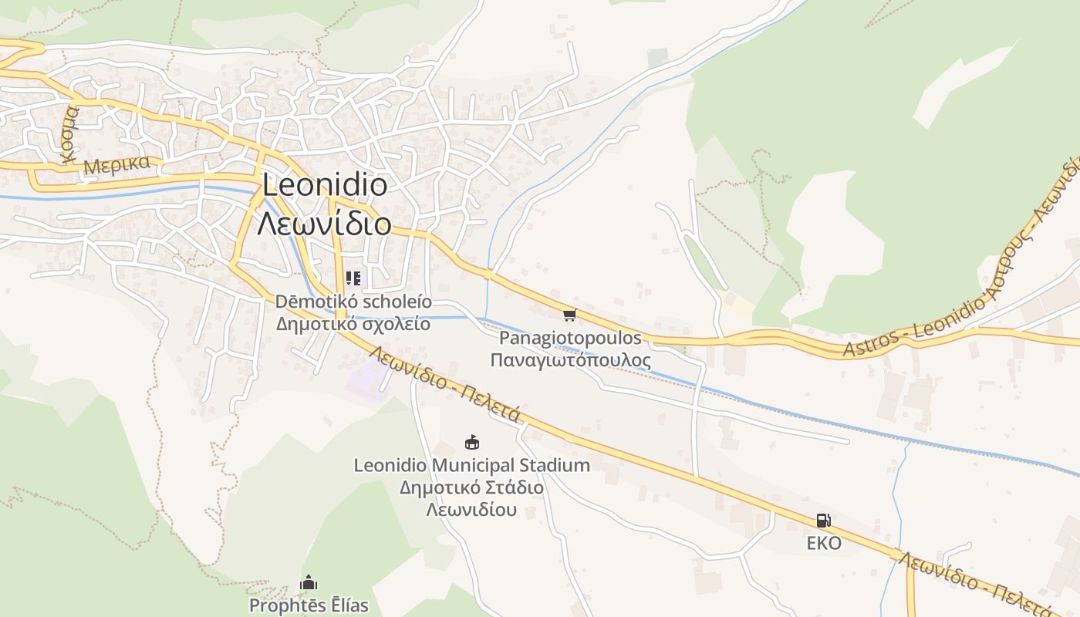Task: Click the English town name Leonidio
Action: [325, 186]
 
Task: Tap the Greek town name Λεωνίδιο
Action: [323, 224]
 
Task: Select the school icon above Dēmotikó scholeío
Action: [353, 278]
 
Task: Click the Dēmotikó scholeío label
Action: [353, 302]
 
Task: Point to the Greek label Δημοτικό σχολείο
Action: [353, 323]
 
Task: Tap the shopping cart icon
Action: [570, 315]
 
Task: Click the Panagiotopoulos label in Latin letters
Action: [570, 338]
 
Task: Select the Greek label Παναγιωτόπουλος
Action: [570, 360]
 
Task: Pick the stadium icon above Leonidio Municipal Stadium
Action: [471, 442]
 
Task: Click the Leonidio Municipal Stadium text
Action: [471, 465]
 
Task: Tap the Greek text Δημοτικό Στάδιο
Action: [471, 487]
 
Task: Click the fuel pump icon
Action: [824, 521]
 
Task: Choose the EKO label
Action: [824, 543]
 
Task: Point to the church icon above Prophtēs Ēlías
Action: [309, 582]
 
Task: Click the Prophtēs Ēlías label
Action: [309, 605]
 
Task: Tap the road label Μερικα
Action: [116, 165]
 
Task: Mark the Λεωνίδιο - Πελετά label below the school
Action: [447, 384]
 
